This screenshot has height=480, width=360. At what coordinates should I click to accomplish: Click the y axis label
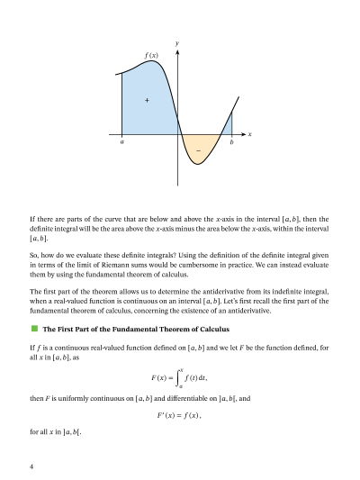(177, 43)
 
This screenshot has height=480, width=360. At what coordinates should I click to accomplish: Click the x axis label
(249, 135)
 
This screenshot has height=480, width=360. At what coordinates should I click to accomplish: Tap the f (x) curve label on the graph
(151, 56)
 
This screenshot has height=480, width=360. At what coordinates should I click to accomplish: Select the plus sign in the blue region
(146, 99)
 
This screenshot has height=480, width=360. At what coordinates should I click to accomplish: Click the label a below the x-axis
(121, 142)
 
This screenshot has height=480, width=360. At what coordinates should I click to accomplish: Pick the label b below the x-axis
(231, 142)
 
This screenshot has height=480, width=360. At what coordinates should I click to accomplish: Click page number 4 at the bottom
(31, 467)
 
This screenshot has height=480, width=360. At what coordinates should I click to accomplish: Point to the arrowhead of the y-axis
(177, 51)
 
